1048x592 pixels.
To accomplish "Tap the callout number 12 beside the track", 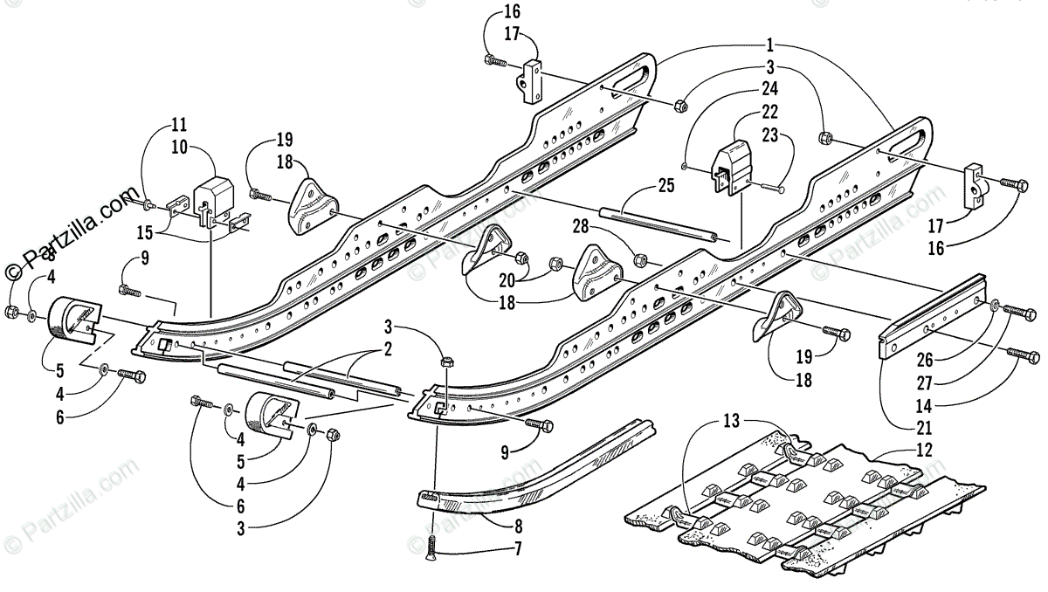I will click(x=925, y=451).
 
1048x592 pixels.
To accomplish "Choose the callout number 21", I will click(x=924, y=427).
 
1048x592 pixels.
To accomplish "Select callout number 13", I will click(x=732, y=421).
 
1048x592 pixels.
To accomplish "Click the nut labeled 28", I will click(x=639, y=258).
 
